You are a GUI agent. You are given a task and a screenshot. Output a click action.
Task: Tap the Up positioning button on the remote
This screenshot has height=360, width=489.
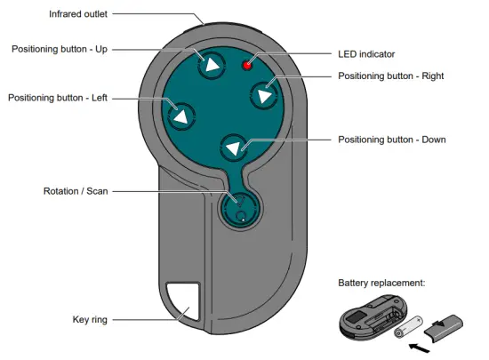(212, 64)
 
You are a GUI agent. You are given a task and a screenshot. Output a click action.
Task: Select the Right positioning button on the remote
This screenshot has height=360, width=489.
(264, 93)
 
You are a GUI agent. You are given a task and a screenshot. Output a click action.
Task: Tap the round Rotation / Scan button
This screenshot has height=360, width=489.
(238, 208)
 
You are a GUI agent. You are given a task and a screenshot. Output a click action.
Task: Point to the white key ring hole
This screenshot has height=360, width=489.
(184, 300)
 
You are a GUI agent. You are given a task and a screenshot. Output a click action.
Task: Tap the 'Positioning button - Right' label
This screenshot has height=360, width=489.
(390, 76)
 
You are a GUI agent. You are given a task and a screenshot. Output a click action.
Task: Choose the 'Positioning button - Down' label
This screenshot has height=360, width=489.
(392, 140)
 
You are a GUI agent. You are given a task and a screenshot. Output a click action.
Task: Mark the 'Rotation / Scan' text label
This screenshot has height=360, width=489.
(78, 191)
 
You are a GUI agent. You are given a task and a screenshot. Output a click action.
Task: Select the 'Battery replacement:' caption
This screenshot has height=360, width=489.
(383, 284)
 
